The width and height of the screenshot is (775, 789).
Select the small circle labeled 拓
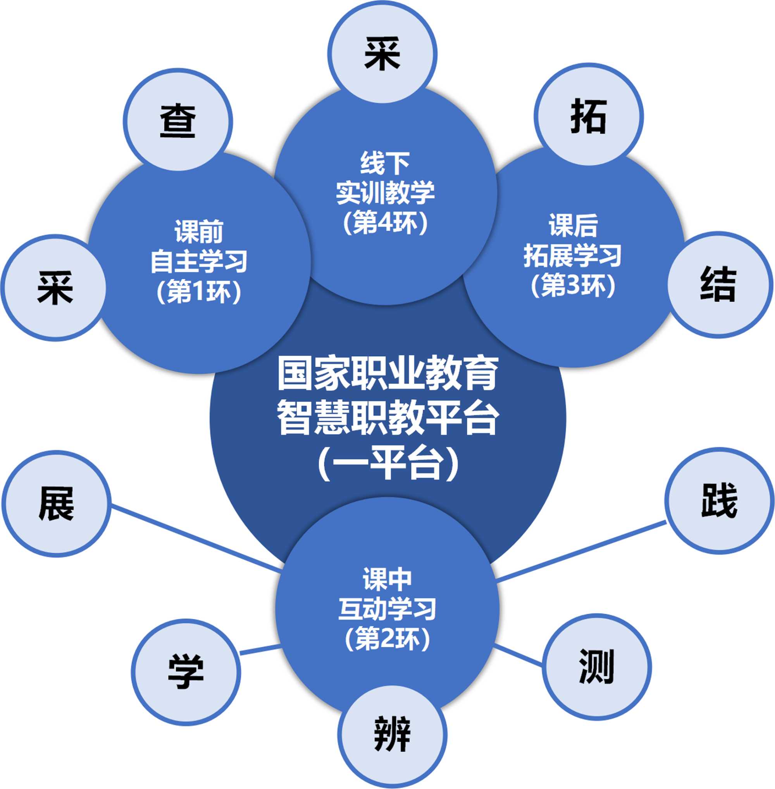[589, 116]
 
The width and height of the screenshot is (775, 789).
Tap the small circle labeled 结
[719, 285]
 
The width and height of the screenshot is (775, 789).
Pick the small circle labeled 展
[57, 504]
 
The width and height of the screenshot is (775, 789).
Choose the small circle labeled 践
[719, 501]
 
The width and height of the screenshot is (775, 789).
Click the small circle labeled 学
[186, 672]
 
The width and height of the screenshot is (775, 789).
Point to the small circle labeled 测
[596, 667]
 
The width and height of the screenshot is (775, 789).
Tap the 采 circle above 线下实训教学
[382, 54]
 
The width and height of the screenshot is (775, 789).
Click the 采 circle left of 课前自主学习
[54, 288]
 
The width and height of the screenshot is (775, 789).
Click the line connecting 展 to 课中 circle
[195, 537]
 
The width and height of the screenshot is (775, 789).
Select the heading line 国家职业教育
[388, 373]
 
